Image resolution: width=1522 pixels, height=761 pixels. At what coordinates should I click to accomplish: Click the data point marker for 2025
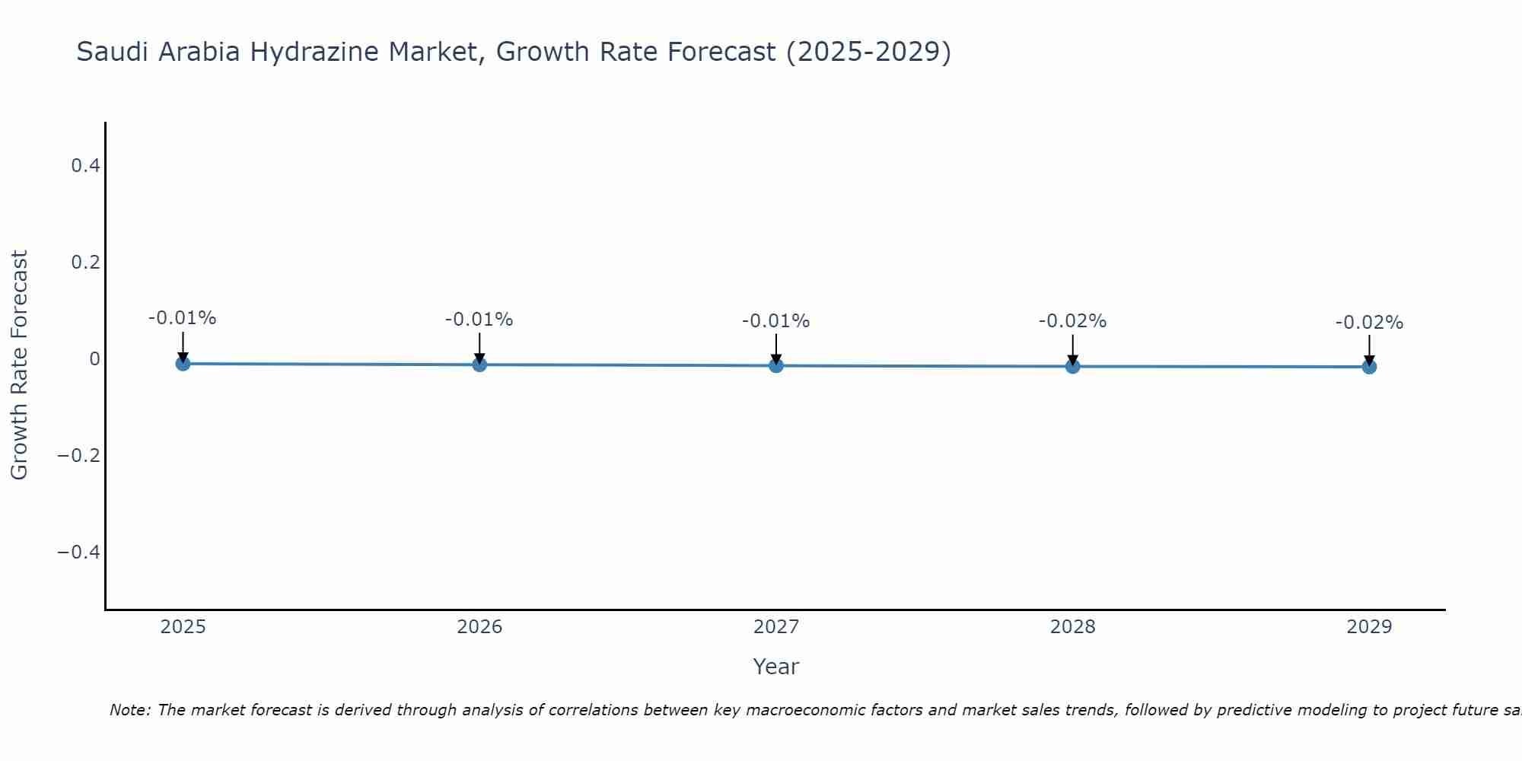pos(183,364)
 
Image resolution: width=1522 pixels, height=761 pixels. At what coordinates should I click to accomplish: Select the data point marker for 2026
pos(479,365)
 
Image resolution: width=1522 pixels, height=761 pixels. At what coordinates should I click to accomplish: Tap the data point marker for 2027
pos(776,366)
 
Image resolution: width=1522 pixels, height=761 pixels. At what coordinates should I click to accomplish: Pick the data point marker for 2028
pos(1073,367)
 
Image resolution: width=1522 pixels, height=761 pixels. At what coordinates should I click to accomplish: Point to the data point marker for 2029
pos(1369,367)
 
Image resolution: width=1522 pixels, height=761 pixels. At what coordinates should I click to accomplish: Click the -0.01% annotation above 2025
pos(182,318)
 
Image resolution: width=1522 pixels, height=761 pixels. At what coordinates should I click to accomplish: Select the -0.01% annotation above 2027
pos(775,321)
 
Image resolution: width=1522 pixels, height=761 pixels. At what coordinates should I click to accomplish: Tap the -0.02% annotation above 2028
pos(1072,321)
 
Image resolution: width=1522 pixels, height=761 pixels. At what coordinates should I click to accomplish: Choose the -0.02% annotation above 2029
pos(1369,323)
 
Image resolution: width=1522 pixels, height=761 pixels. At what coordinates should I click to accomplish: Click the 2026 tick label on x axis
pos(479,627)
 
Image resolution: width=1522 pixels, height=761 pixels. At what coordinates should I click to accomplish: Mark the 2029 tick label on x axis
pos(1369,627)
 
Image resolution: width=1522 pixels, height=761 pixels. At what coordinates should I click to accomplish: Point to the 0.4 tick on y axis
pos(85,165)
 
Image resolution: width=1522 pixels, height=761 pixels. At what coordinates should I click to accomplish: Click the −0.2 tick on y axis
pos(78,455)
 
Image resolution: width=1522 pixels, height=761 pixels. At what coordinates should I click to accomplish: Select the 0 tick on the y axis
pos(94,358)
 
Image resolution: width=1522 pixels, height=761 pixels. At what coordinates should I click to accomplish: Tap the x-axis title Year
pos(775,667)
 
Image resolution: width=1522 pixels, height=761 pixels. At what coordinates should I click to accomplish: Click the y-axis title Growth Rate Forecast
pos(19,365)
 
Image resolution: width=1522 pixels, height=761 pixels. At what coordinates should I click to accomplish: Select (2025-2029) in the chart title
pos(868,52)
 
